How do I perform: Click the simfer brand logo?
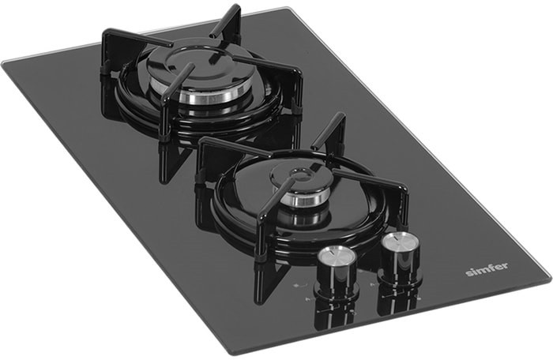(x=487, y=268)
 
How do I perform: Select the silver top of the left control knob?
(x=336, y=254)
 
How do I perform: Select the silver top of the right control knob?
(x=400, y=242)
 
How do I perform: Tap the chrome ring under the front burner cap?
(x=303, y=200)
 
